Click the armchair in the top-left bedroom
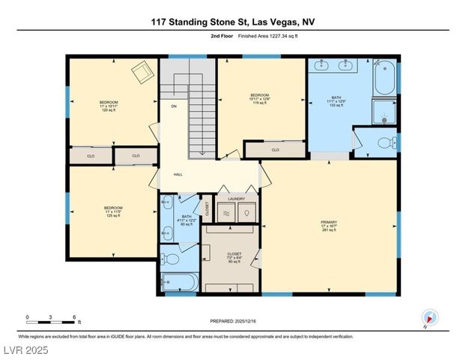pos(141,73)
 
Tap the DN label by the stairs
pos(174,106)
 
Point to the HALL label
pos(178,175)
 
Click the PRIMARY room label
pos(329,223)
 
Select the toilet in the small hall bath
pos(170,260)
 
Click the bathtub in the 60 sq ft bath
pos(179,283)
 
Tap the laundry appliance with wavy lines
pos(227,214)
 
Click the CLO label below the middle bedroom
pos(275,150)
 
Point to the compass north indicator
pos(428,317)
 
